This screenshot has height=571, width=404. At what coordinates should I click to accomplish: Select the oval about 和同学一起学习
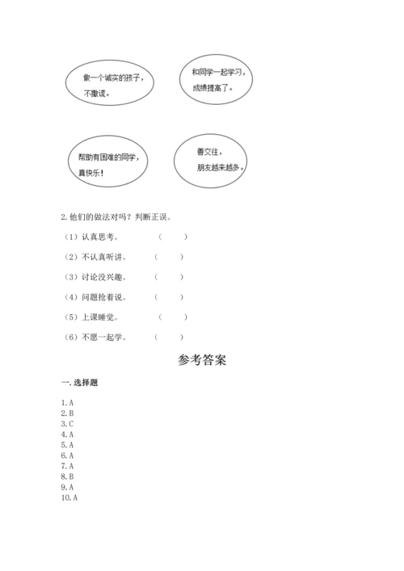214,79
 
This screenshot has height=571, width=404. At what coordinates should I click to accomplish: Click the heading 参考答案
202,360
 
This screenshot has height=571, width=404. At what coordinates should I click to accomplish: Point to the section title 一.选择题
79,382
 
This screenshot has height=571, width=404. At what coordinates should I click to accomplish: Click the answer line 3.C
68,423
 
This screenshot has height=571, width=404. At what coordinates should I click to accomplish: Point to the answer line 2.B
68,413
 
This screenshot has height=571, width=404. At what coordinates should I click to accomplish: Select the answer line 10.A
69,498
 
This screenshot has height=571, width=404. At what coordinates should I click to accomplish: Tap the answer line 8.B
68,477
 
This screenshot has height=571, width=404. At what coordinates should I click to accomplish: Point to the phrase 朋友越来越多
220,168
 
